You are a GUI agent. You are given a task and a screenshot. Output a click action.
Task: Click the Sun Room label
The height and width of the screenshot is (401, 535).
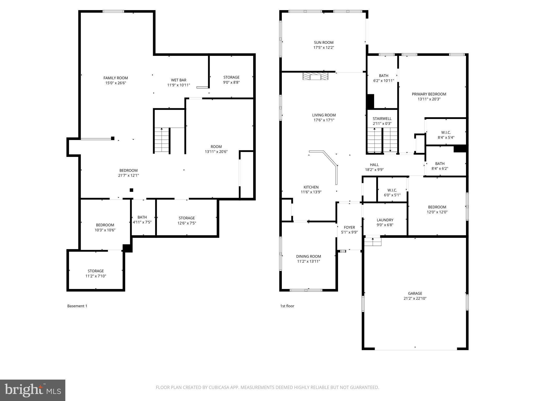(x=324, y=43)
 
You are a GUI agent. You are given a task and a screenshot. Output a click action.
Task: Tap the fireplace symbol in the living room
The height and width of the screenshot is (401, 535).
(x=315, y=76)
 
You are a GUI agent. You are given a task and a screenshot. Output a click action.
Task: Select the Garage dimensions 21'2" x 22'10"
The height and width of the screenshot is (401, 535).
(x=415, y=298)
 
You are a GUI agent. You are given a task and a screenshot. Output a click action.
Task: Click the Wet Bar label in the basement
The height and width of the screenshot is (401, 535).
(x=179, y=80)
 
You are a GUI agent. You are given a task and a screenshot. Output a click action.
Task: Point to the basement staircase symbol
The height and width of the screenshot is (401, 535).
(x=162, y=140)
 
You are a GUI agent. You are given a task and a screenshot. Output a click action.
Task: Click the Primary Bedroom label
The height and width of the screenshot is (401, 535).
(x=429, y=94)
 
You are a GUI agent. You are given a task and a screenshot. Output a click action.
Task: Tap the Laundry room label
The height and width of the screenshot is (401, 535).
(x=385, y=220)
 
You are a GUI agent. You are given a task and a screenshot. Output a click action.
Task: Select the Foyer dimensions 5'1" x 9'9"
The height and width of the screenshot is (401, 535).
(x=349, y=232)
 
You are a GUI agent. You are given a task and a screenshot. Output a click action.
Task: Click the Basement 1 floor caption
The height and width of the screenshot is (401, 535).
(x=77, y=306)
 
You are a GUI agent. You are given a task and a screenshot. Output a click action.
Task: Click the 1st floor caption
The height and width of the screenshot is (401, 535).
(x=287, y=306)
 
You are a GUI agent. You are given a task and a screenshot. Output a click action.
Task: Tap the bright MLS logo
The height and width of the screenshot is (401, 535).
(x=33, y=390)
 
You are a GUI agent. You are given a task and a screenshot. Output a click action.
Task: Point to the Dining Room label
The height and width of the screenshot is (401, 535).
(x=309, y=256)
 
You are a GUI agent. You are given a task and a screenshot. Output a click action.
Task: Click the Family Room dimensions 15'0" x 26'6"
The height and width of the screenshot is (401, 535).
(x=116, y=83)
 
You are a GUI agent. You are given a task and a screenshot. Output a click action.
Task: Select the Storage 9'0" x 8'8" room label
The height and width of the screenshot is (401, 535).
(x=231, y=77)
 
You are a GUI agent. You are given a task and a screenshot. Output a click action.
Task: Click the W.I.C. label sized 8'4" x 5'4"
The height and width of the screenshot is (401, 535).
(x=446, y=133)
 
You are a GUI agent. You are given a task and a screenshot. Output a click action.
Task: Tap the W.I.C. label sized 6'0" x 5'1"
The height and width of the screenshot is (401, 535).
(x=392, y=190)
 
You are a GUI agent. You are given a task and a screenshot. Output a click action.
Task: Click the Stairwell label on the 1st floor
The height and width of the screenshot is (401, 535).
(x=382, y=119)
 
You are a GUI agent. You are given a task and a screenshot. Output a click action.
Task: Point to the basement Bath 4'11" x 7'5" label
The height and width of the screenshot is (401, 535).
(x=142, y=217)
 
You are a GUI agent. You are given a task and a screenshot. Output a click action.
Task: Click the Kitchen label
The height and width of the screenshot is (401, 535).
(x=311, y=187)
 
